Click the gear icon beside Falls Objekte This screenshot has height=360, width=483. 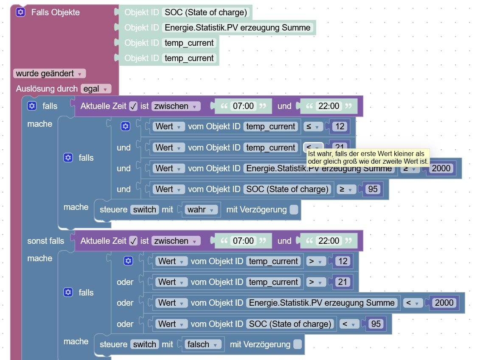(20, 12)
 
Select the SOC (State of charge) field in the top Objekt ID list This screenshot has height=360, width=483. (205, 12)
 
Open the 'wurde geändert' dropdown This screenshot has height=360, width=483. (50, 73)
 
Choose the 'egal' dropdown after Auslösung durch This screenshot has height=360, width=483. (96, 89)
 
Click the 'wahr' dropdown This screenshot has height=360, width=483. (200, 209)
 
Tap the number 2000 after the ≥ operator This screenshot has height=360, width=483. (441, 168)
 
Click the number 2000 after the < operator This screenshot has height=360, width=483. (444, 303)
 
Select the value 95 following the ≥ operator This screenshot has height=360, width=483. (373, 189)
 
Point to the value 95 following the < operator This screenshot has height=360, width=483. (376, 324)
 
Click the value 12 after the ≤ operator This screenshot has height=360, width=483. (340, 126)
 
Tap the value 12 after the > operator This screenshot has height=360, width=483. (343, 261)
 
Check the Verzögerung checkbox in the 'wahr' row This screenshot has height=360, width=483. (294, 209)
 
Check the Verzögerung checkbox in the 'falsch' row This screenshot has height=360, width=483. (297, 344)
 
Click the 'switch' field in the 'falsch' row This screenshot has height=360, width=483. (145, 344)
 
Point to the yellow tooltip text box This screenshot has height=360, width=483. (368, 158)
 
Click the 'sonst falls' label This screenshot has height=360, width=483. (46, 241)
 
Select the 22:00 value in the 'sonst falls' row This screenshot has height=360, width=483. (329, 241)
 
